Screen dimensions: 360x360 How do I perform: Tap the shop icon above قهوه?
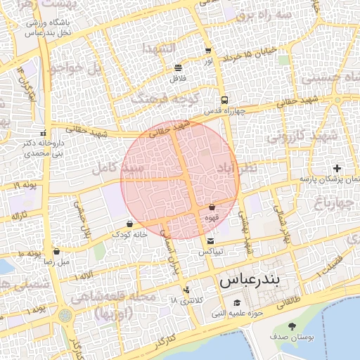pyautogui.click(x=212, y=207)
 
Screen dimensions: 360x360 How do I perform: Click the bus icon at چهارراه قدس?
pyautogui.click(x=224, y=100)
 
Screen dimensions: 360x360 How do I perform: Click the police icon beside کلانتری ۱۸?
pyautogui.click(x=186, y=290)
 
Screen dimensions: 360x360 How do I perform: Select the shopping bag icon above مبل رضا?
pyautogui.click(x=56, y=251)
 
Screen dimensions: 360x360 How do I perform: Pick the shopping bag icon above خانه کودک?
pyautogui.click(x=129, y=224)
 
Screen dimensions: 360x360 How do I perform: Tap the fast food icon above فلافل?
pyautogui.click(x=177, y=68)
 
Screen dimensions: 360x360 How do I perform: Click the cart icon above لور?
pyautogui.click(x=208, y=51)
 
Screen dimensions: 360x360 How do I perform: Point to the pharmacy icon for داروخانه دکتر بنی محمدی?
pyautogui.click(x=44, y=132)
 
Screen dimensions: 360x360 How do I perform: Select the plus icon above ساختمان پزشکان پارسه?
pyautogui.click(x=337, y=169)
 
